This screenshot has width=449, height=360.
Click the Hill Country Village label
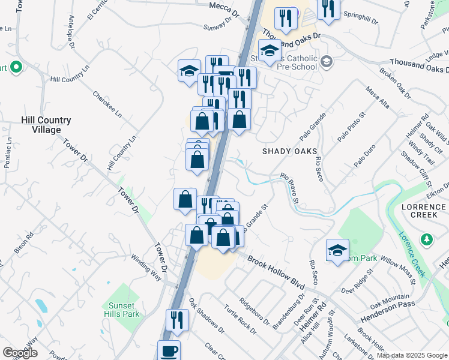tap(46, 125)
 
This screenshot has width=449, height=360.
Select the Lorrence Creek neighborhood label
tap(424, 211)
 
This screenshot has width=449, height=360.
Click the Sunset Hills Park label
tap(124, 310)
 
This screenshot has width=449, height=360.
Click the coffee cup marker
tap(169, 350)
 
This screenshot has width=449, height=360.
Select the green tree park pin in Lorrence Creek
tap(427, 240)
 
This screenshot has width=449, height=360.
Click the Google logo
tap(20, 353)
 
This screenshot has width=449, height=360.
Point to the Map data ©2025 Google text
tap(412, 355)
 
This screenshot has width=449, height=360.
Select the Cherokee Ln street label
tap(107, 104)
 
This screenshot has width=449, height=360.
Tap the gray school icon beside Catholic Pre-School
tap(326, 61)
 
